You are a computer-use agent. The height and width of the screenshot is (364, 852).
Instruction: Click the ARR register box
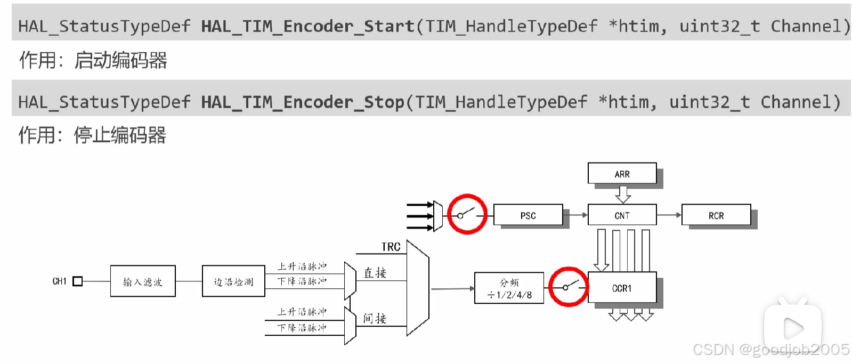coord(622,174)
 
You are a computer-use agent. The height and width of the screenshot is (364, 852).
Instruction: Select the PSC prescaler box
coord(528,215)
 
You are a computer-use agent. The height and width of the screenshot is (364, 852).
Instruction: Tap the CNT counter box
coord(622,215)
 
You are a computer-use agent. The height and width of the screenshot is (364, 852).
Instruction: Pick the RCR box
coord(716,215)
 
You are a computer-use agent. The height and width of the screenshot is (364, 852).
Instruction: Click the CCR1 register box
coord(622,288)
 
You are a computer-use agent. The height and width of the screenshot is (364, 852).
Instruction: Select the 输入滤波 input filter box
coord(143,281)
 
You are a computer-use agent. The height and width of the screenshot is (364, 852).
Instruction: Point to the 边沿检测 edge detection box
coord(233,281)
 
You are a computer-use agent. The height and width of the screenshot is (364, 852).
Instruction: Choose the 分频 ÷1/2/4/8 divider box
coord(509,288)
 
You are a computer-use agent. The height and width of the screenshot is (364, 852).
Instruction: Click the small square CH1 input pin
coord(78,281)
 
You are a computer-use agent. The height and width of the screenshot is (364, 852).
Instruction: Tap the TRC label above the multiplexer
coord(391,247)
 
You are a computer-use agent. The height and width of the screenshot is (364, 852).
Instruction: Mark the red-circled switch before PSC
coord(467,214)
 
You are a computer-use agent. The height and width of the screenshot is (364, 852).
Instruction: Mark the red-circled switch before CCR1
coord(569,287)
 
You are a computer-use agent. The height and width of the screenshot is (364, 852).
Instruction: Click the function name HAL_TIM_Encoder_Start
coord(307,26)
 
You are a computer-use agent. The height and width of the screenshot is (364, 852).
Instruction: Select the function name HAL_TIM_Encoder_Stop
coord(303,102)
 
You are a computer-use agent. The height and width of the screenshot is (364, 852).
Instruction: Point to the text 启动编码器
coord(121,60)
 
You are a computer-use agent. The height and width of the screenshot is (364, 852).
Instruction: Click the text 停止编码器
coord(120,135)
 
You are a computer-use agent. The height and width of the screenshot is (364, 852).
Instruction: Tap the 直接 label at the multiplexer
coord(375,273)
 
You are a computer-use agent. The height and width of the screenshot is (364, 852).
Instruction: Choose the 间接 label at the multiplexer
coord(375,318)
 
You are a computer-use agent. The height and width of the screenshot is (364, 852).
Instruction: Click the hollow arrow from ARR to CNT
coord(623,194)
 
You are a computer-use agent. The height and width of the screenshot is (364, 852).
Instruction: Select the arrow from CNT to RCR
coord(669,215)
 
